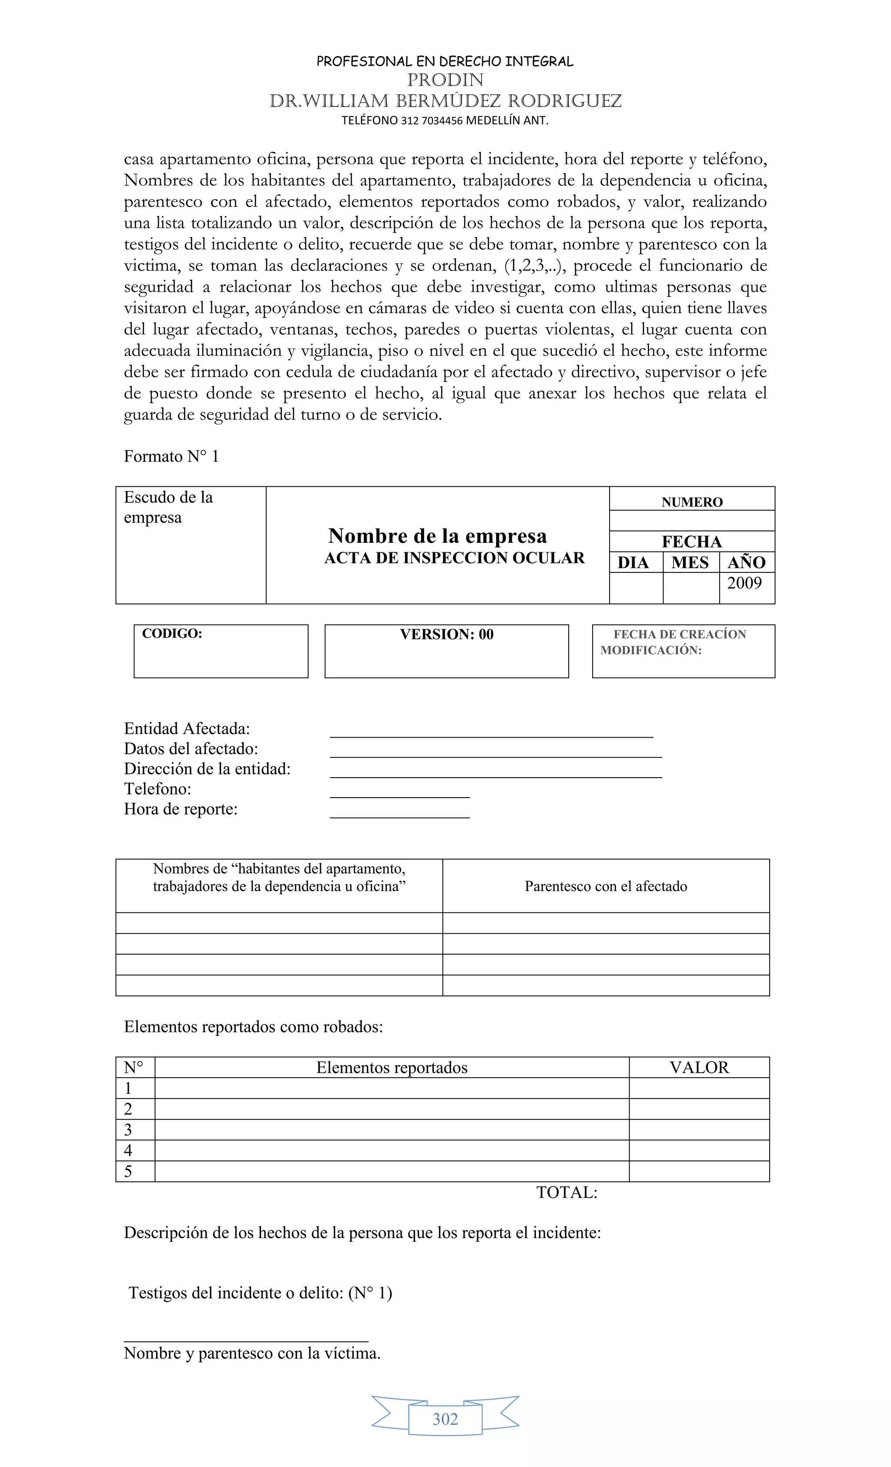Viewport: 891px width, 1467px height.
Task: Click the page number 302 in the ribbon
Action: pos(445,1419)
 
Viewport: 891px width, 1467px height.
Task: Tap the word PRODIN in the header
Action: pos(445,80)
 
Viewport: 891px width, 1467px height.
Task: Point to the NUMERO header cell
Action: pos(691,502)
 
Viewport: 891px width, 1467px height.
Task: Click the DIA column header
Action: pos(633,563)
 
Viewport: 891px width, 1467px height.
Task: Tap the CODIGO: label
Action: pos(172,634)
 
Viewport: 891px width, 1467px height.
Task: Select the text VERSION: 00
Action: pos(447,634)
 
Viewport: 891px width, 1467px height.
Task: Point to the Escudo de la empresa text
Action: pos(168,507)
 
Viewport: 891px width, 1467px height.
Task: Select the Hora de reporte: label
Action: pos(181,809)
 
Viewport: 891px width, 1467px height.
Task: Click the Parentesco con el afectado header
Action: pos(606,886)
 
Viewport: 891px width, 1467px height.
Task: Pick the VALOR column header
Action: pos(699,1067)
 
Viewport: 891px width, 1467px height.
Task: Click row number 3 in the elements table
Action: pos(128,1130)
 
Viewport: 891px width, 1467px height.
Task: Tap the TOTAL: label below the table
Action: pos(566,1193)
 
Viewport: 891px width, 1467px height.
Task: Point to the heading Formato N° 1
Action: pos(171,457)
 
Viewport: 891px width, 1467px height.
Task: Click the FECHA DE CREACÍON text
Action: pos(680,635)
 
